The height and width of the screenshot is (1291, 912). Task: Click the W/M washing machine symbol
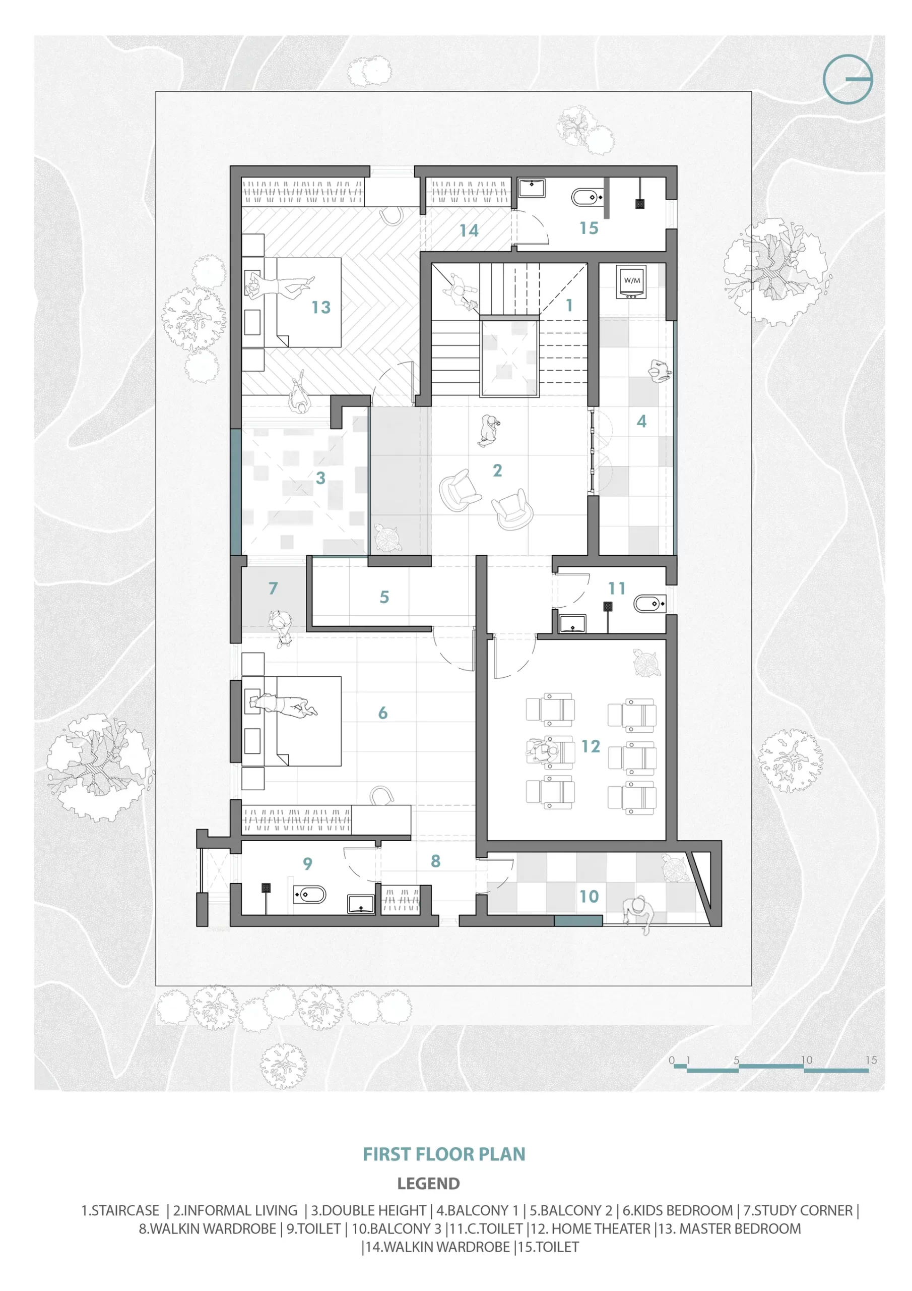[x=632, y=280]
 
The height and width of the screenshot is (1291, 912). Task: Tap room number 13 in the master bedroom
[x=321, y=308]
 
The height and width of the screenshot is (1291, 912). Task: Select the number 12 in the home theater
[x=591, y=746]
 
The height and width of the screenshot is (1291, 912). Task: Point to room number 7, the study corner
[x=273, y=588]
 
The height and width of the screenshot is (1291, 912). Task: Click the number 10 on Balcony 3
[x=589, y=896]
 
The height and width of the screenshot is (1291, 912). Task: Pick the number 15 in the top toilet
[x=589, y=228]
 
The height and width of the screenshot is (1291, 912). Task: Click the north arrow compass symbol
[x=848, y=79]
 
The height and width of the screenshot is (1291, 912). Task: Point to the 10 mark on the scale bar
[x=806, y=1060]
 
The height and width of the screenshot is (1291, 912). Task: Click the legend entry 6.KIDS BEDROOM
[x=678, y=1211]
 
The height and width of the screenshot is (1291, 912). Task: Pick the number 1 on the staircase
[x=569, y=305]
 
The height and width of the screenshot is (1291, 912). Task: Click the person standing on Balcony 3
[x=638, y=915]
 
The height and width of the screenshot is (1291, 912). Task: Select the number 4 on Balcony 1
[x=641, y=421]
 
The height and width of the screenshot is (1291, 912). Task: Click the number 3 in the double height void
[x=320, y=478]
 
